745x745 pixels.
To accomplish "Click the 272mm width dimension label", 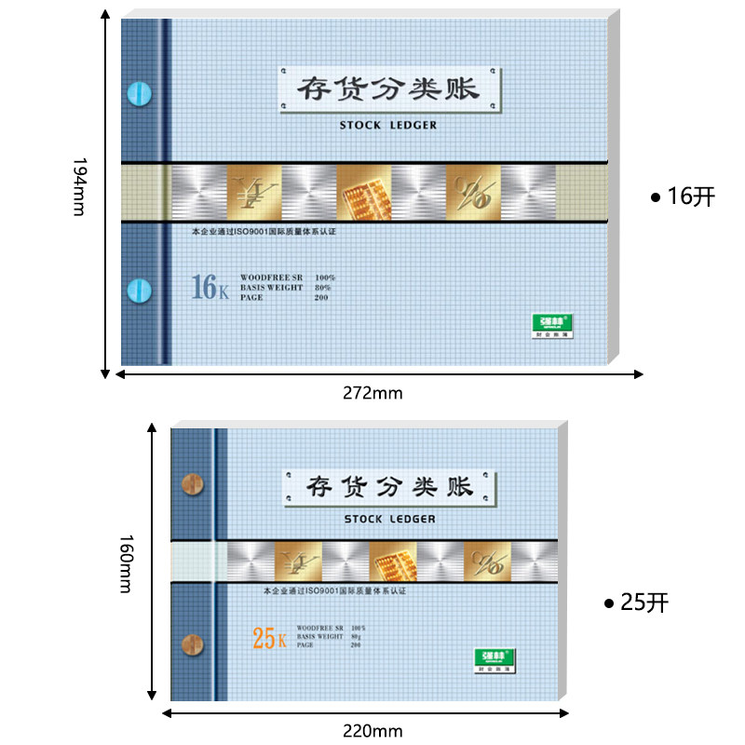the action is [372, 392].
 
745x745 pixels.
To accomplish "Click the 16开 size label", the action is [684, 196].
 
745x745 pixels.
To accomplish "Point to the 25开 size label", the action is [637, 603].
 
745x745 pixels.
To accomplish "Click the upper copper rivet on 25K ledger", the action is [191, 484].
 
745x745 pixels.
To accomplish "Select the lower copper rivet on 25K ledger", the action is [191, 643].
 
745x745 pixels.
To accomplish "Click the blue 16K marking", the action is [210, 288].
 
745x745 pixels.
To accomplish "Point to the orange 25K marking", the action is [270, 639].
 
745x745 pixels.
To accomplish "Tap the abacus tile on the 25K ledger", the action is [393, 563].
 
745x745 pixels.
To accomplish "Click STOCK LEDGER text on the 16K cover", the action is [388, 125].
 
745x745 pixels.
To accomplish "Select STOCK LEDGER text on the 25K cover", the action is [388, 519].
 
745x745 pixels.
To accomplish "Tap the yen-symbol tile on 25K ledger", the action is [299, 563].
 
